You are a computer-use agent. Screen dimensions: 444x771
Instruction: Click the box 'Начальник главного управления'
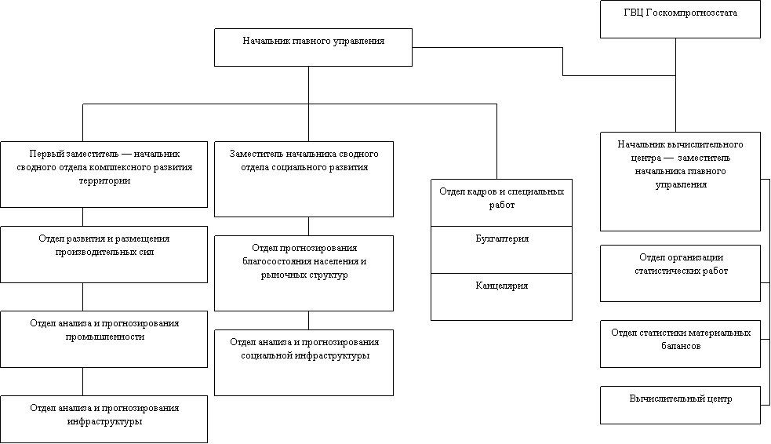[x=313, y=47]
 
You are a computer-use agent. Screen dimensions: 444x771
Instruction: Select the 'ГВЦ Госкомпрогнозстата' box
[x=680, y=20]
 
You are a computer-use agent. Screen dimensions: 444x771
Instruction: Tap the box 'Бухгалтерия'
[x=501, y=249]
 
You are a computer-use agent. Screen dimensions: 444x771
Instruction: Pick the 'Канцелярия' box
[x=501, y=296]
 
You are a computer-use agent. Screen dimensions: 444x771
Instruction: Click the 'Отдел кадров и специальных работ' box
[x=501, y=202]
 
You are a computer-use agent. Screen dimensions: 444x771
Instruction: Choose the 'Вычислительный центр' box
[x=680, y=405]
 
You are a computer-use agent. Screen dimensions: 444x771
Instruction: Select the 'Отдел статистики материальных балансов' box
[x=680, y=344]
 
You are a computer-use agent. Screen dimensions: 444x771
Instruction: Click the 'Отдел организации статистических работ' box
[x=680, y=273]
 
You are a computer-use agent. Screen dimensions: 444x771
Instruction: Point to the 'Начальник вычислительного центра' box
[x=680, y=181]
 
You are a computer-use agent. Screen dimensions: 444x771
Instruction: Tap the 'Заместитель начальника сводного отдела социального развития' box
[x=304, y=179]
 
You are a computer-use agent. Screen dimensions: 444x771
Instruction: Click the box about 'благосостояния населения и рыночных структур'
[x=304, y=273]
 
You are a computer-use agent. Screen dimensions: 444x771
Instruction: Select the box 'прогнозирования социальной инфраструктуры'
[x=304, y=362]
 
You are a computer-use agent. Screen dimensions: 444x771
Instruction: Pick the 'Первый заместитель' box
[x=104, y=174]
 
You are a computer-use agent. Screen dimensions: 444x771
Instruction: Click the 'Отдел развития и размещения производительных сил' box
[x=104, y=254]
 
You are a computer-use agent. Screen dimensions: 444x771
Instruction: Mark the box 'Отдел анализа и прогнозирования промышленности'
[x=104, y=339]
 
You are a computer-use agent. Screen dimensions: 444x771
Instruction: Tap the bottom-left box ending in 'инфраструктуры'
[x=104, y=419]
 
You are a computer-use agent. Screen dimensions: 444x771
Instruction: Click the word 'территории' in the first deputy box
[x=104, y=180]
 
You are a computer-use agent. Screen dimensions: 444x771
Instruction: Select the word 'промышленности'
[x=104, y=337]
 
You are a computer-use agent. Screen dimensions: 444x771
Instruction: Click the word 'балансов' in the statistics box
[x=681, y=345]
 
